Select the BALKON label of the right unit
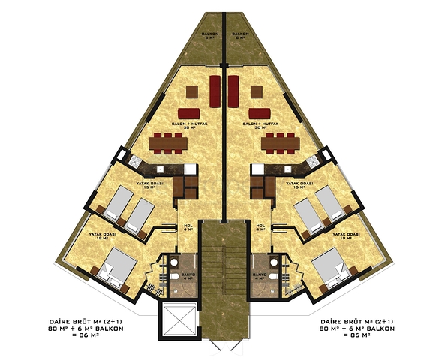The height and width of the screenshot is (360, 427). [x=240, y=36]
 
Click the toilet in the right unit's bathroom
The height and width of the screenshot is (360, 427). [x=275, y=278]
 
